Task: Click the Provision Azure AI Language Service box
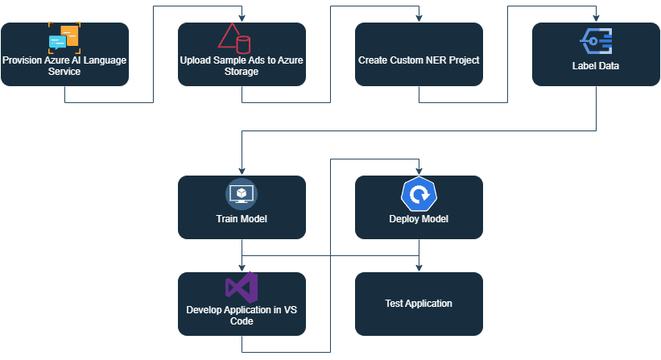tap(64, 54)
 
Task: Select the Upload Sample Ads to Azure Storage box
tap(242, 54)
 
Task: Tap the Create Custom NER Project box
tap(419, 54)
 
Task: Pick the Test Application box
tap(419, 304)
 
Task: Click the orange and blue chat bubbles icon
tap(64, 37)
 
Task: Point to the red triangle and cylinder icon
tap(234, 38)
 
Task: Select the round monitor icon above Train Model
tap(242, 194)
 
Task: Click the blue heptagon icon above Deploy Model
tap(419, 194)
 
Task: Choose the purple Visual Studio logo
tap(242, 288)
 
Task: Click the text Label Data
tap(596, 66)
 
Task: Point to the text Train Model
tap(242, 219)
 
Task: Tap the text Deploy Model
tap(419, 219)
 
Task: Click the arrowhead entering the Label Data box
tap(596, 19)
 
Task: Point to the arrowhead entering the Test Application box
tap(419, 267)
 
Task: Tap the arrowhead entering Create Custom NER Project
tap(419, 19)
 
